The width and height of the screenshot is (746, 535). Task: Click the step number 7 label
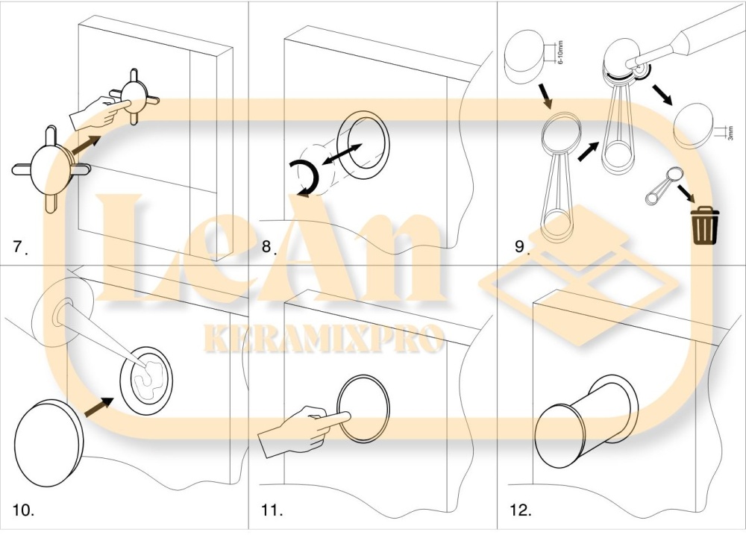click(20, 247)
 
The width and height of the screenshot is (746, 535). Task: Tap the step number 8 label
click(269, 247)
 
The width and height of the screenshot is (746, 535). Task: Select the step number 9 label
click(522, 246)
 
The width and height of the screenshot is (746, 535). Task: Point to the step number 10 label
click(23, 510)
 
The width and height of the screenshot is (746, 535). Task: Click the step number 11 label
click(272, 510)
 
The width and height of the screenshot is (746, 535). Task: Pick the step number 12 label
click(521, 510)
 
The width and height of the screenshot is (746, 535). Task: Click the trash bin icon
click(705, 225)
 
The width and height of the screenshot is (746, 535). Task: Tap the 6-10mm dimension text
click(560, 52)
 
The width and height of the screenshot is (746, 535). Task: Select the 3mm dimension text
click(730, 132)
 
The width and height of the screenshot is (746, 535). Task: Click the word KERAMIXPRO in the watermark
click(324, 338)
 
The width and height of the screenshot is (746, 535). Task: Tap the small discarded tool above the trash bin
click(663, 186)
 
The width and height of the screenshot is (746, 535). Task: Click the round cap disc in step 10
click(49, 442)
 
